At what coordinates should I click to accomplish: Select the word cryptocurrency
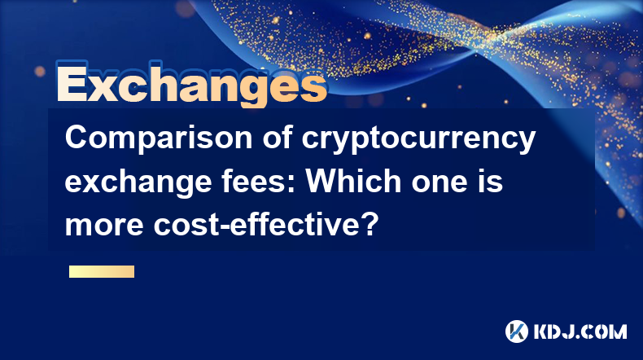418,139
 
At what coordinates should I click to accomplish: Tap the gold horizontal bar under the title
102,271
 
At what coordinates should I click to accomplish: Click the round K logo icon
516,331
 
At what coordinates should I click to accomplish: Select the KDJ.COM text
580,331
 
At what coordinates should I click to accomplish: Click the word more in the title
104,226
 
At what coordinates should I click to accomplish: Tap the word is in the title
492,181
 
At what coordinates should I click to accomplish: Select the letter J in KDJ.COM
572,331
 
